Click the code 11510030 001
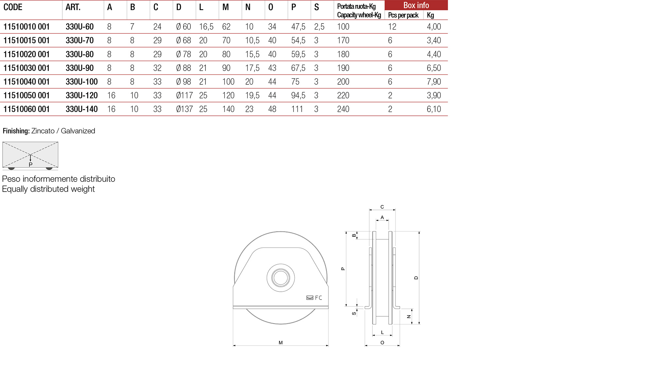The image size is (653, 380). [x=26, y=68]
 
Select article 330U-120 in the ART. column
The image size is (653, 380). [x=81, y=95]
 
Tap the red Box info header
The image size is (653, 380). [x=416, y=5]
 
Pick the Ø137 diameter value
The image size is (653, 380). [x=184, y=109]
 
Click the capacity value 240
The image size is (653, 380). [x=343, y=109]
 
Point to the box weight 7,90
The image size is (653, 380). [x=433, y=82]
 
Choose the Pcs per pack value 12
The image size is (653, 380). [x=392, y=27]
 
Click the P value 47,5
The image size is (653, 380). [x=298, y=27]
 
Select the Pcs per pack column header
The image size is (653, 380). [x=403, y=15]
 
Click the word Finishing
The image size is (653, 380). [x=16, y=131]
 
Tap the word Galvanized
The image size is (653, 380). [x=78, y=131]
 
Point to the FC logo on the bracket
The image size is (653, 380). [x=314, y=298]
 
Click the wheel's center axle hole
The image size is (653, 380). [x=281, y=278]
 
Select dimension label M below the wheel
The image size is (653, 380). [x=281, y=343]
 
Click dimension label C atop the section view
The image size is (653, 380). [x=382, y=207]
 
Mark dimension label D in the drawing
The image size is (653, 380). [x=416, y=278]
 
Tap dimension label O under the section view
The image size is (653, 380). [x=382, y=343]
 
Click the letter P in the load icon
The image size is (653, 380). [x=30, y=164]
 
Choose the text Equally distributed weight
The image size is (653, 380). [x=48, y=189]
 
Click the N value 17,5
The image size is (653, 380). [x=252, y=68]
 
